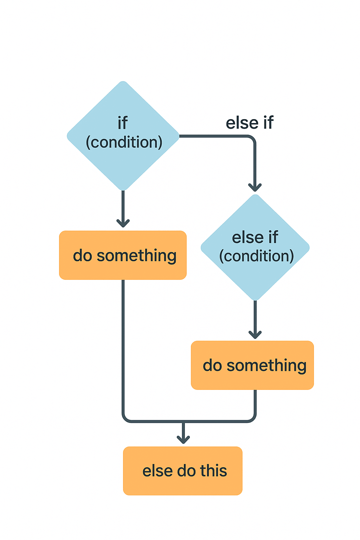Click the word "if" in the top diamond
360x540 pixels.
point(122,123)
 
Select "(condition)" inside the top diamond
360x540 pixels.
point(124,142)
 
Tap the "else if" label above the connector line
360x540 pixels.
point(250,123)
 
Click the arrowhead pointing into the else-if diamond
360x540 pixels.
point(255,187)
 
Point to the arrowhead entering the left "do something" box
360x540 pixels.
point(123,223)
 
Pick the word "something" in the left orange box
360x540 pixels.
point(136,256)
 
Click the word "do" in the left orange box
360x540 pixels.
point(82,256)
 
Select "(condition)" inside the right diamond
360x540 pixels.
point(256,256)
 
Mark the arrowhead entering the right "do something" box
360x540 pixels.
point(255,334)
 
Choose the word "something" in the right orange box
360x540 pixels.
point(266,366)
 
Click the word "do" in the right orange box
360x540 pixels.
point(212,366)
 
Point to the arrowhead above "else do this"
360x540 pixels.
point(183,439)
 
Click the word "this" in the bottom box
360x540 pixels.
point(213,471)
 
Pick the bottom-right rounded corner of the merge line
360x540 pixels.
point(253,419)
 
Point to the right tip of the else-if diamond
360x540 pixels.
point(309,247)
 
